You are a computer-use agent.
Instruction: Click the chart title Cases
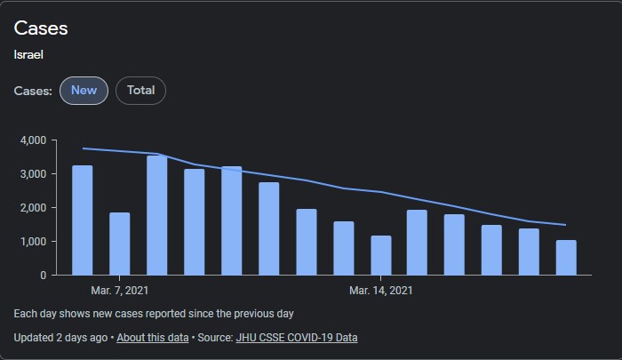(41, 28)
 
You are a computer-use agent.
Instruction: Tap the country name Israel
(29, 55)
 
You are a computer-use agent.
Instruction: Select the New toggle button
(84, 90)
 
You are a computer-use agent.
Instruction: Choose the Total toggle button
(140, 90)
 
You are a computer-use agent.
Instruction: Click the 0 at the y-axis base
(43, 276)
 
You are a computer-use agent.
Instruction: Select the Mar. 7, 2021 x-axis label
(119, 291)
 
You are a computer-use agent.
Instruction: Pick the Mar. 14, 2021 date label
(380, 291)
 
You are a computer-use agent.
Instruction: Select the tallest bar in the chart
(156, 215)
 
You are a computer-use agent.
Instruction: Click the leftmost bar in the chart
(82, 220)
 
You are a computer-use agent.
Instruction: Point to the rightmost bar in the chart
(566, 257)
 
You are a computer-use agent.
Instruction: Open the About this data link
(153, 338)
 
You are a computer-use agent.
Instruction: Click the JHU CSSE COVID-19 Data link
(296, 338)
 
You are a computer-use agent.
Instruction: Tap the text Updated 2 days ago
(60, 338)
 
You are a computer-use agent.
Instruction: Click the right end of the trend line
(565, 225)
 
